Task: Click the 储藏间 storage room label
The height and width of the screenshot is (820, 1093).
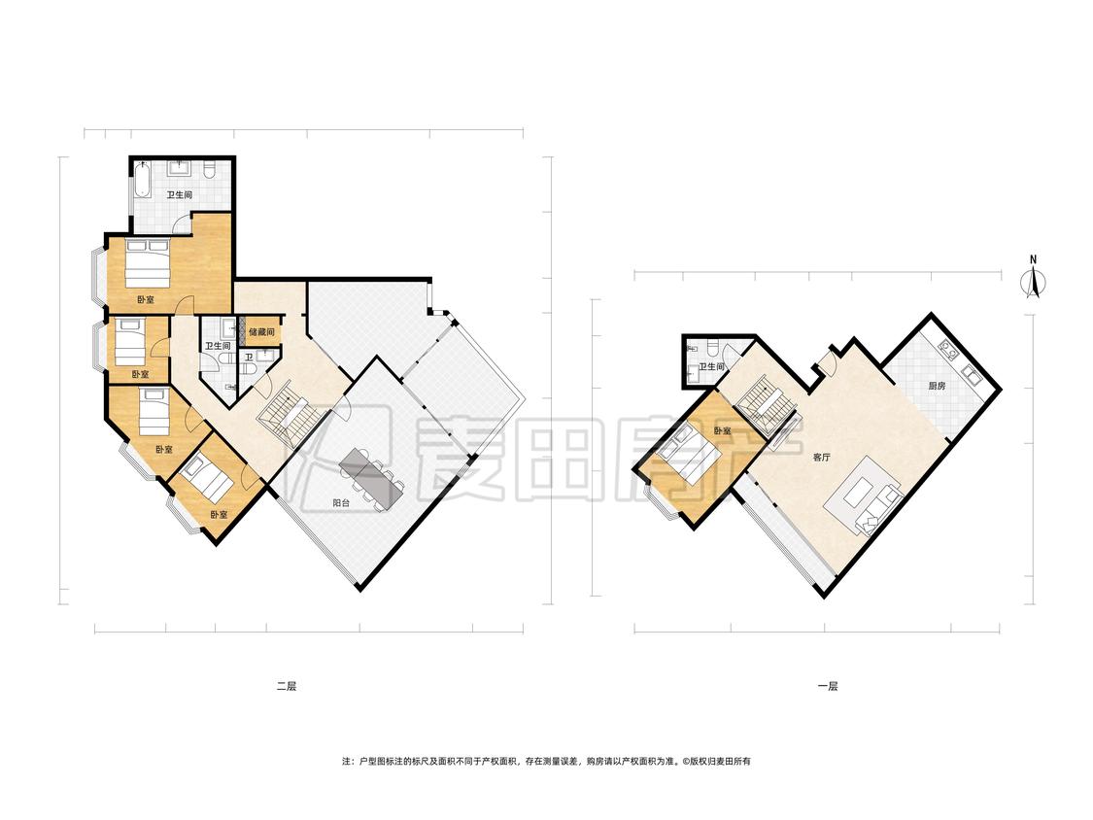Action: coord(262,332)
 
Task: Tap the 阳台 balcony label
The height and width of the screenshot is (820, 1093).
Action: coord(341,502)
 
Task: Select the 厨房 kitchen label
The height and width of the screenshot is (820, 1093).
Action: coord(937,386)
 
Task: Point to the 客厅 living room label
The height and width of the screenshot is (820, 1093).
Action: coord(821,459)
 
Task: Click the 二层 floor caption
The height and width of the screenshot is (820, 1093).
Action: coord(287,686)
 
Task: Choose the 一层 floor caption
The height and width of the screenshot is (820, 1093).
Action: coord(828,686)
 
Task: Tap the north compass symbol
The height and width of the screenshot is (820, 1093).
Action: coord(1034,283)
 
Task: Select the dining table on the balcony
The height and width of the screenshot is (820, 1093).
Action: coord(371,479)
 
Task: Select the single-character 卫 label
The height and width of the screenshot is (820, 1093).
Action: coord(249,357)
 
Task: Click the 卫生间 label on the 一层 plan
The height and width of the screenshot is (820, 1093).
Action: coord(712,367)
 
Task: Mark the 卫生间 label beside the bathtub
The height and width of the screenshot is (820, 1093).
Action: coord(179,195)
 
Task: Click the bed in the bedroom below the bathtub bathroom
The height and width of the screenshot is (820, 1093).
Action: coord(148,262)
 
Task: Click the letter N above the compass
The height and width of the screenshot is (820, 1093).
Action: coord(1034,260)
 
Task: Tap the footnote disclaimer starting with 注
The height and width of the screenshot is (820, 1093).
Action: coord(546,762)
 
